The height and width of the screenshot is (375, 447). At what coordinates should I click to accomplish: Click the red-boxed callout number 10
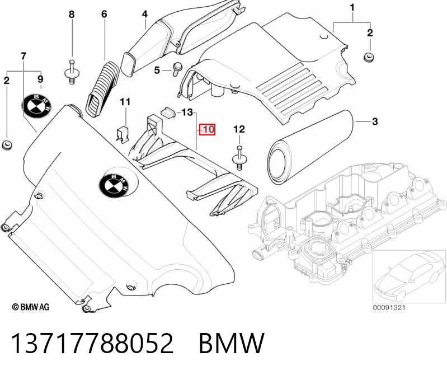point(207,130)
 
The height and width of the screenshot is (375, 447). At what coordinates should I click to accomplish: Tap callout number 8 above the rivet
point(72,14)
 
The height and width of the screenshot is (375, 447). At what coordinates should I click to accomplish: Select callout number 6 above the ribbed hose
point(105,14)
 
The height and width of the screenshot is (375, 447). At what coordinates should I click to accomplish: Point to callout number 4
point(145,14)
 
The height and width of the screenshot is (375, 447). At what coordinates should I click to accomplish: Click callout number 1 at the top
point(352,8)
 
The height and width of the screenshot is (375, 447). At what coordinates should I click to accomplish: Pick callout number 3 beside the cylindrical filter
point(375,121)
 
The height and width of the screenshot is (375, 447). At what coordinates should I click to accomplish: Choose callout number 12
point(239,129)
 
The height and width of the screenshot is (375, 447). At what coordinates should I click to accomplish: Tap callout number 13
point(187,112)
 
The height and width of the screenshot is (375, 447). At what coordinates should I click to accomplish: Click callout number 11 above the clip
point(125,102)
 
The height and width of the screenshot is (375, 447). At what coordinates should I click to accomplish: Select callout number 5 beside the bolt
point(157,70)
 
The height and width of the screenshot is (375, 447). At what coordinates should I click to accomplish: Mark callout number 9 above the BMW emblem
point(40,79)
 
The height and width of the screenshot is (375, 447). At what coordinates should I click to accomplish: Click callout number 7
point(23,56)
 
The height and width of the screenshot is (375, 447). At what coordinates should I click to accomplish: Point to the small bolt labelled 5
point(175,69)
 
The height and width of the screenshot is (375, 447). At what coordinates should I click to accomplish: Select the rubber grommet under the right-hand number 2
point(369,57)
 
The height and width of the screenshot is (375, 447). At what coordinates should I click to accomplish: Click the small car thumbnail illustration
point(409,276)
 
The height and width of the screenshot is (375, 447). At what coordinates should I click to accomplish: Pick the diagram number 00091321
point(389,307)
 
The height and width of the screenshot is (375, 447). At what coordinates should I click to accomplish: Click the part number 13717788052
point(92,343)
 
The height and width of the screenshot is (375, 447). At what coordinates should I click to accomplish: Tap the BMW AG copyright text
point(31,307)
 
